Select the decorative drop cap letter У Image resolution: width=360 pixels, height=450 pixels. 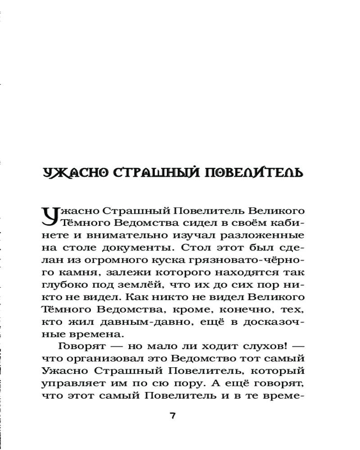(x=50, y=215)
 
